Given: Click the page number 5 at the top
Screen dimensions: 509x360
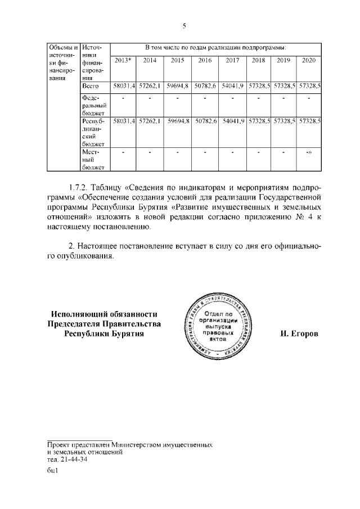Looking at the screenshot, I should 184,26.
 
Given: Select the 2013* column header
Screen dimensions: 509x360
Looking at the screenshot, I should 123,60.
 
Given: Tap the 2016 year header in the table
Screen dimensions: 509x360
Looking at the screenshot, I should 205,60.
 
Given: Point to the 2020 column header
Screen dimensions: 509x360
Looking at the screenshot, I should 309,60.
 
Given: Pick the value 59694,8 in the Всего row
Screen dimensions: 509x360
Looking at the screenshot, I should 178,86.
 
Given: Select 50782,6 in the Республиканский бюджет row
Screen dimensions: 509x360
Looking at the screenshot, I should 205,121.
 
